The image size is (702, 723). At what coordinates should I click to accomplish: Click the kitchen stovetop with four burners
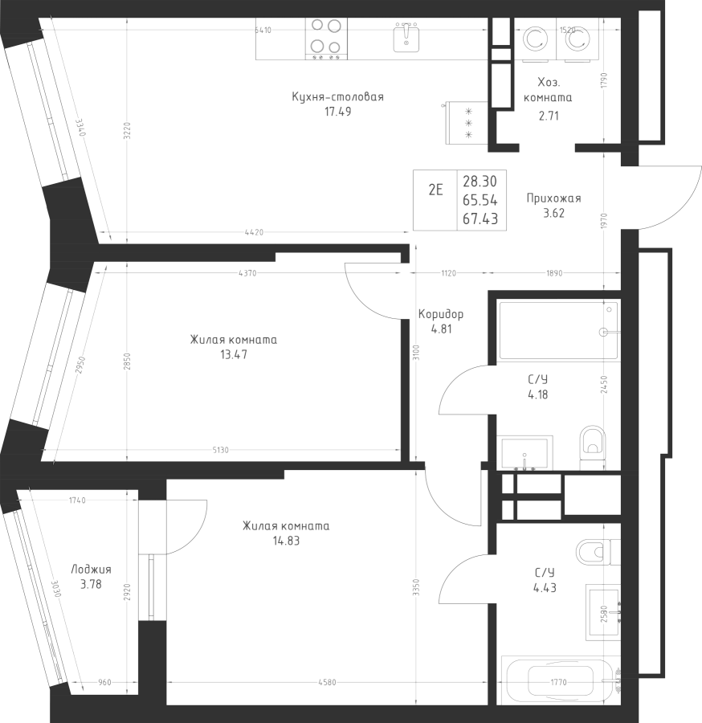[x=325, y=38]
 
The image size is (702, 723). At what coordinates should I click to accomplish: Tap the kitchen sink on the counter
[x=408, y=37]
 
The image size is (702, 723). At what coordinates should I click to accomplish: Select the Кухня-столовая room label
[x=338, y=97]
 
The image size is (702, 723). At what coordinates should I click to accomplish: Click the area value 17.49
[x=337, y=112]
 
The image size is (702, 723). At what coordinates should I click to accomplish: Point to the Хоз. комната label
[x=548, y=90]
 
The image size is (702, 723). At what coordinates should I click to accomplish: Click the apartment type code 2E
[x=435, y=190]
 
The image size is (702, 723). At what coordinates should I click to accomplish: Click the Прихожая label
[x=553, y=198]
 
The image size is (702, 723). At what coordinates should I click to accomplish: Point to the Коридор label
[x=441, y=314]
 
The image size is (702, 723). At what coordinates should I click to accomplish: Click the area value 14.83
[x=286, y=541]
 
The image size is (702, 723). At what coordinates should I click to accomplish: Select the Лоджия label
[x=91, y=569]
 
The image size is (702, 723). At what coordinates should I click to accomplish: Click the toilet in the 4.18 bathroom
[x=593, y=447]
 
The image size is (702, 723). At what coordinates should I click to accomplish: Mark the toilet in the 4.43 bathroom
[x=594, y=552]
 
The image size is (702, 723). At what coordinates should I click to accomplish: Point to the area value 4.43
[x=545, y=587]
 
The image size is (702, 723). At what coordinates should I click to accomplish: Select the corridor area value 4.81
[x=441, y=328]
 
